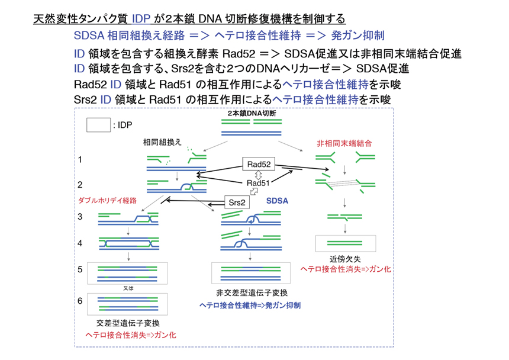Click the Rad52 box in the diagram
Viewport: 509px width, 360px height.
pos(260,163)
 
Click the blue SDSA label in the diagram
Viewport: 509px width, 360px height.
pos(277,201)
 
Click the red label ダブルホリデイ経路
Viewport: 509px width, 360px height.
pos(107,200)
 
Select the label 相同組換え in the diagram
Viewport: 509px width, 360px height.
pos(162,143)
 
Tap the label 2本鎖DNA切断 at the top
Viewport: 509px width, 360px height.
pos(252,112)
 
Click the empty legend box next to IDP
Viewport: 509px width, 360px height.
pos(98,125)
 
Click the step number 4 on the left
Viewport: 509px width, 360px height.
pos(79,243)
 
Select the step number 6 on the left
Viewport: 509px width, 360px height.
pos(79,301)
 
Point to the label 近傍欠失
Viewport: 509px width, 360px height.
pos(344,259)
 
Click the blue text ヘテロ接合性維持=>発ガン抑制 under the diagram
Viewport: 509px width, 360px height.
pos(249,306)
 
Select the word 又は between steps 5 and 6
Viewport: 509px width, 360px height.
pos(127,288)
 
